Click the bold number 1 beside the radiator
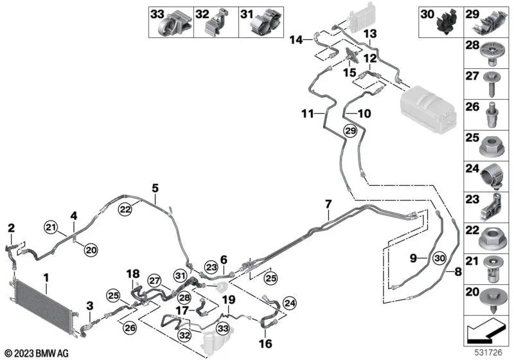pyautogui.click(x=46, y=278)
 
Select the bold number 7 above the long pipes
pyautogui.click(x=328, y=204)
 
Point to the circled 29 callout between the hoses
pyautogui.click(x=350, y=130)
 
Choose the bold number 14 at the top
pyautogui.click(x=296, y=40)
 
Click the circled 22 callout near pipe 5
pyautogui.click(x=125, y=207)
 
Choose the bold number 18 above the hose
pyautogui.click(x=132, y=274)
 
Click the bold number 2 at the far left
pyautogui.click(x=10, y=227)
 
